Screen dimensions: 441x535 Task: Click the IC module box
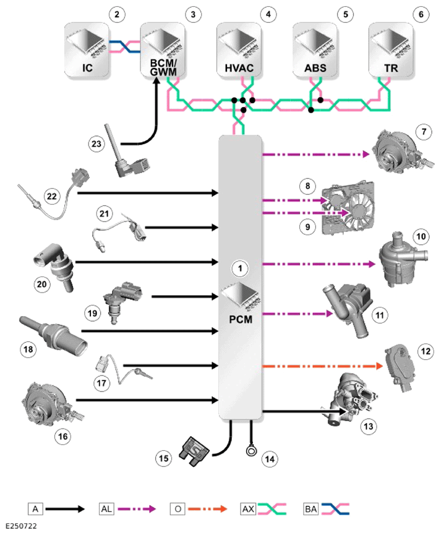pos(87,50)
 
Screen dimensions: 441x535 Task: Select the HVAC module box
pos(239,50)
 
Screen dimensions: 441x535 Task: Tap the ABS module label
pos(315,68)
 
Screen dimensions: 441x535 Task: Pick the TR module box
pos(391,50)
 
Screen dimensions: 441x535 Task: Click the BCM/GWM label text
pos(163,67)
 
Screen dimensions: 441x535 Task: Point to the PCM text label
pos(241,319)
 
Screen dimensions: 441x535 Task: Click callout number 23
pos(96,143)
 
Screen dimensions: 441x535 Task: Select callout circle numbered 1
pos(240,268)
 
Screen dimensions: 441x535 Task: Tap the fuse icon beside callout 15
pos(194,451)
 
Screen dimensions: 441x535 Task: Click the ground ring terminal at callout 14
pos(251,451)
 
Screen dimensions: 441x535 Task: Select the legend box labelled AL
pos(106,509)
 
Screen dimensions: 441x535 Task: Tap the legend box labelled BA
pos(310,509)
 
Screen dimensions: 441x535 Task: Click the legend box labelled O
pos(178,509)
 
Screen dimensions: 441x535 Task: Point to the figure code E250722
pos(21,526)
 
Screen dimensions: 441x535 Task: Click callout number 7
pos(424,132)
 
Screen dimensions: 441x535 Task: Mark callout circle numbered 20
pos(41,284)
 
